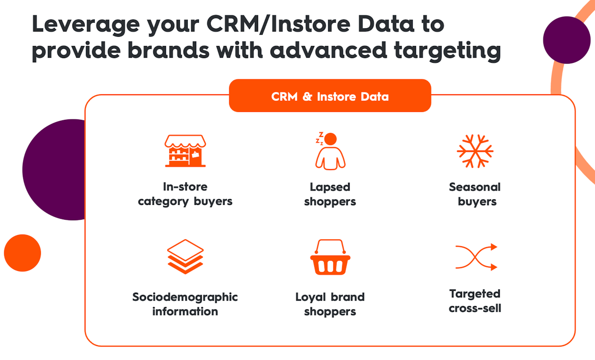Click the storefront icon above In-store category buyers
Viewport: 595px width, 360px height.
185,151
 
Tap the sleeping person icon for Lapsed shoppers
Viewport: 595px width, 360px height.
330,151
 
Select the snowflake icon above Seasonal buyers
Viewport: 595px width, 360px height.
475,151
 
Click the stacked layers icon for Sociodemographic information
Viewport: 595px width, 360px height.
185,256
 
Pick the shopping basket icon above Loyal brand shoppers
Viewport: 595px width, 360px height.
330,257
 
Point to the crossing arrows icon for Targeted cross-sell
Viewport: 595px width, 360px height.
476,257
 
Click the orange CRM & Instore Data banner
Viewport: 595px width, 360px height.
330,96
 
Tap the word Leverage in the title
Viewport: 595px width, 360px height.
86,25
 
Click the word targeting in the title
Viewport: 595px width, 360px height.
447,51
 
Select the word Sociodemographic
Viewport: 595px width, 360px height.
185,297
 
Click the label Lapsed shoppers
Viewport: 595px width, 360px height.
330,194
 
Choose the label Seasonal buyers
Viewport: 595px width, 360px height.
475,194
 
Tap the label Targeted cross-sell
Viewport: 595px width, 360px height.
475,301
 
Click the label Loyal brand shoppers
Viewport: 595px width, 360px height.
330,304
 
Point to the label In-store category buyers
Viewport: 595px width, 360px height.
185,194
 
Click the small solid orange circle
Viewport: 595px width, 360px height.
23,253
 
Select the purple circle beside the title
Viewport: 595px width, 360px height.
567,40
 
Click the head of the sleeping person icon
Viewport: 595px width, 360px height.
331,139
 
